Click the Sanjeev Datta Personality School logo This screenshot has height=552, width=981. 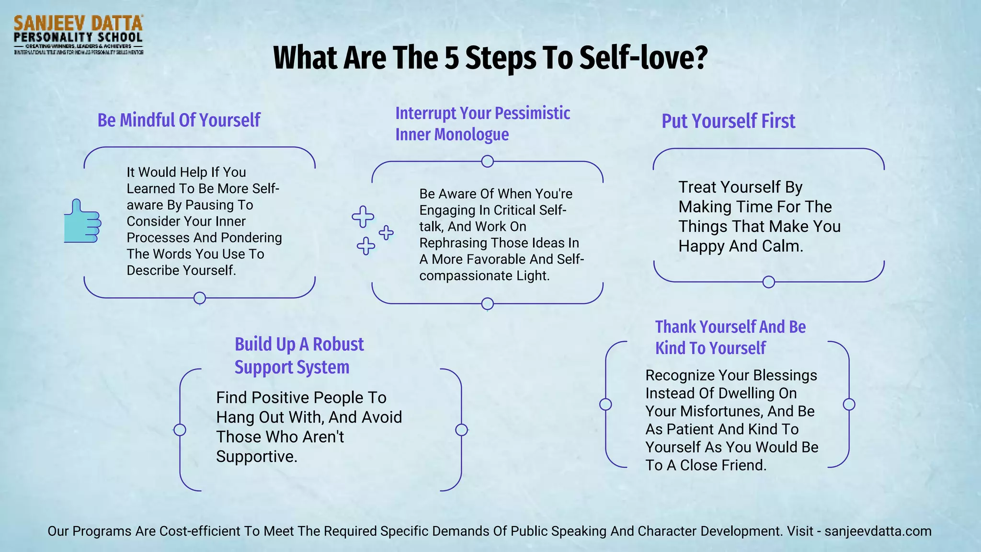[78, 34]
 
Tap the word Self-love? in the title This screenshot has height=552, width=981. [643, 57]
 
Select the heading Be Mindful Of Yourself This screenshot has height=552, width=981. [179, 120]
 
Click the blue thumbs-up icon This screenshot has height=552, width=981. [82, 221]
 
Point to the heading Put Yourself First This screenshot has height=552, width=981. [728, 121]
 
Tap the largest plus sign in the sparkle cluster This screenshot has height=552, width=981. [363, 217]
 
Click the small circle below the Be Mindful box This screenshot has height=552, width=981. [200, 298]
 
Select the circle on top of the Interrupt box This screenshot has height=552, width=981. [487, 161]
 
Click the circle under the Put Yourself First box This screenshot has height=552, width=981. [768, 282]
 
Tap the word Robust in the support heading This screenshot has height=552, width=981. [338, 345]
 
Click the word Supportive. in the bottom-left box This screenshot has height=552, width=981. [257, 457]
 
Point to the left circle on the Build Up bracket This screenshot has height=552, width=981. [180, 430]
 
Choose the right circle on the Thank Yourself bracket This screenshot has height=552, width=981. [849, 404]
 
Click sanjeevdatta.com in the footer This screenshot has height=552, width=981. [878, 531]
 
